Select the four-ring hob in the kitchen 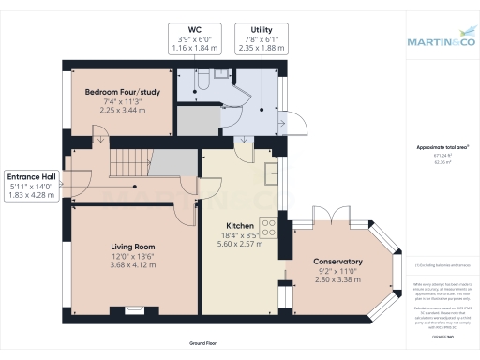click(x=269, y=228)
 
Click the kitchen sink click(x=272, y=172)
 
